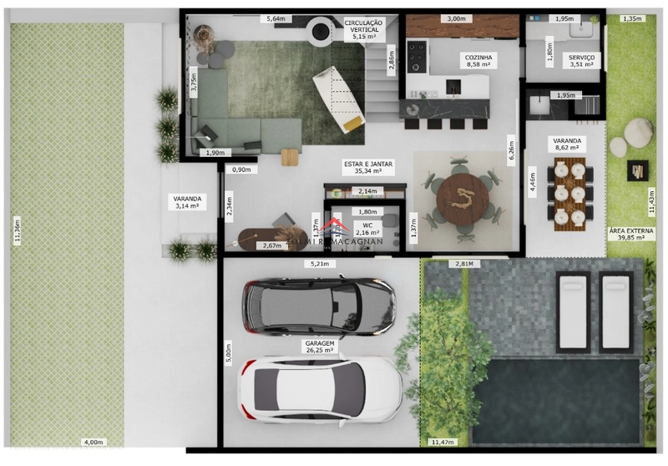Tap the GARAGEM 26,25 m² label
pyautogui.click(x=320, y=347)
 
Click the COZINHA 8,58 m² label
pyautogui.click(x=479, y=62)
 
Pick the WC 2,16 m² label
pyautogui.click(x=367, y=229)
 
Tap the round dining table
pyautogui.click(x=462, y=198)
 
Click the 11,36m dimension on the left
pyautogui.click(x=17, y=230)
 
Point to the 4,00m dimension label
pyautogui.click(x=93, y=442)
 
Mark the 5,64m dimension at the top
pyautogui.click(x=276, y=18)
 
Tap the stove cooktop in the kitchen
pyautogui.click(x=417, y=56)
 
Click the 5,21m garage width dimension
pyautogui.click(x=320, y=264)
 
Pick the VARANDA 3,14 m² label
pyautogui.click(x=187, y=201)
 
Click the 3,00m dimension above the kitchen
pyautogui.click(x=456, y=18)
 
